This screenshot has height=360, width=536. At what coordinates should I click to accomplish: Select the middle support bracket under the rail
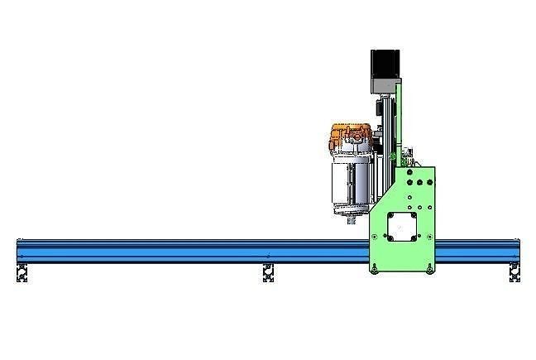coord(268,272)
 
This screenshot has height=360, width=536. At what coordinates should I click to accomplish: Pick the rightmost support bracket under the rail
coord(514,272)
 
